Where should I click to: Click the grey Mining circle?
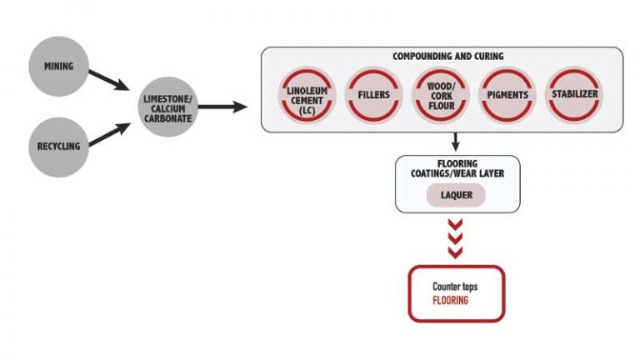click(59, 67)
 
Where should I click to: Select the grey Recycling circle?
click(59, 147)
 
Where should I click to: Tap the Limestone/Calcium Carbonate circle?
click(167, 107)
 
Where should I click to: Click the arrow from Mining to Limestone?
click(109, 80)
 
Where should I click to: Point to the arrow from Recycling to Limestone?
click(109, 134)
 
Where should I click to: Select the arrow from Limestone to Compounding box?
click(222, 107)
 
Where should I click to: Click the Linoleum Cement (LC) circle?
click(307, 96)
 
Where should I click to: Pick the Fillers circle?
click(373, 95)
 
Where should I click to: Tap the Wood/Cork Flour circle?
click(441, 96)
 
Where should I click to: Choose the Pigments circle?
click(507, 96)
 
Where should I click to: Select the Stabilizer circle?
click(574, 95)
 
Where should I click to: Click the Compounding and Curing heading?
click(447, 57)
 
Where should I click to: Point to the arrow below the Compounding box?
click(456, 142)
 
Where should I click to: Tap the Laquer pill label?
click(456, 195)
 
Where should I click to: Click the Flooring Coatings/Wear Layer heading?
click(457, 168)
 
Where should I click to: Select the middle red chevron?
click(455, 238)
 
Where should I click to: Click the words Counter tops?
click(455, 287)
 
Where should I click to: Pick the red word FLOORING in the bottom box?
click(450, 301)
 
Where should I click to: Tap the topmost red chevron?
click(455, 224)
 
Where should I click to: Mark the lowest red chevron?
click(455, 252)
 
